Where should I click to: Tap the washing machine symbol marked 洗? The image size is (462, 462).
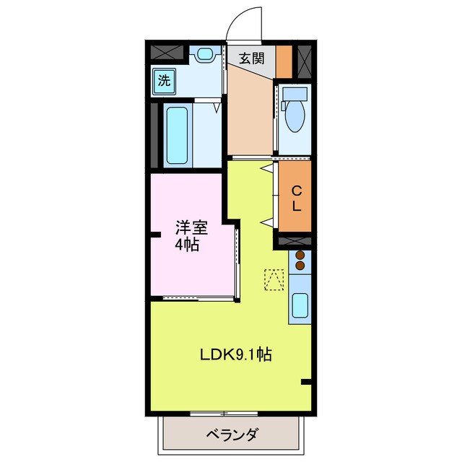tap(165, 80)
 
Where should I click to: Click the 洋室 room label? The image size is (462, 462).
tap(191, 229)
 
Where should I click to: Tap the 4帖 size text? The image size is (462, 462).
tap(188, 245)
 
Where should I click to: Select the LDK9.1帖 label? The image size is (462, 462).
tap(235, 355)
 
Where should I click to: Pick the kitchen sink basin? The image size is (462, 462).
tap(300, 308)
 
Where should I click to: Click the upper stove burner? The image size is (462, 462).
tap(300, 256)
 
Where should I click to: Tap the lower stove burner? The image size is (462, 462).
tap(300, 266)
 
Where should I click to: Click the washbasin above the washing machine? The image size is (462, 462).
tap(205, 53)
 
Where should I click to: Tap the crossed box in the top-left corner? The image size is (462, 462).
tap(168, 53)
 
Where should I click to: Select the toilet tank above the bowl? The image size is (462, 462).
tap(293, 94)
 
